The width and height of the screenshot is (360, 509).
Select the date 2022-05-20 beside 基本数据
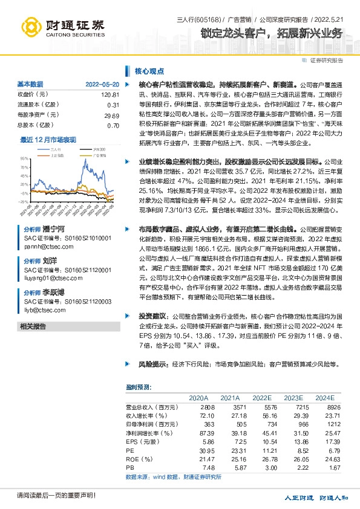(102, 84)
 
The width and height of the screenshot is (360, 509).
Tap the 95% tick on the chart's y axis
(24, 158)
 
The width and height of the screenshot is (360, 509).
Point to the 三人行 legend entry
(56, 148)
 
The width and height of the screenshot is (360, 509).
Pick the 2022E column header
(262, 398)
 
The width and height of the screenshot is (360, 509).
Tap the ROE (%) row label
(137, 459)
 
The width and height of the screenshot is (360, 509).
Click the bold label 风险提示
(153, 365)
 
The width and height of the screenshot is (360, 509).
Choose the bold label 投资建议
(153, 316)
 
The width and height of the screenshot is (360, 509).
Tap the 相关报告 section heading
(33, 326)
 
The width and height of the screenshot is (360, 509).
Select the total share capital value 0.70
(113, 125)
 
